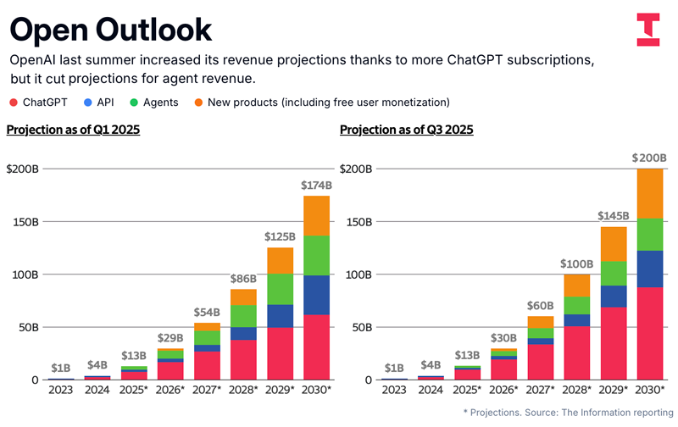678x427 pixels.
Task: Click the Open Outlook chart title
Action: (110, 30)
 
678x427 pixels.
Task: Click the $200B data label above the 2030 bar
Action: (649, 158)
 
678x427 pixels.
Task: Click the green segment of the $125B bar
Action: (279, 289)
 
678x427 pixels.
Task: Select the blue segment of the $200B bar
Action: (649, 269)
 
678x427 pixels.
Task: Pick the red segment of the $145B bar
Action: (613, 343)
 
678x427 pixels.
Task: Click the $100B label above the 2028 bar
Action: (576, 263)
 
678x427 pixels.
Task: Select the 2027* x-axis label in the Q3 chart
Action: (541, 390)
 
